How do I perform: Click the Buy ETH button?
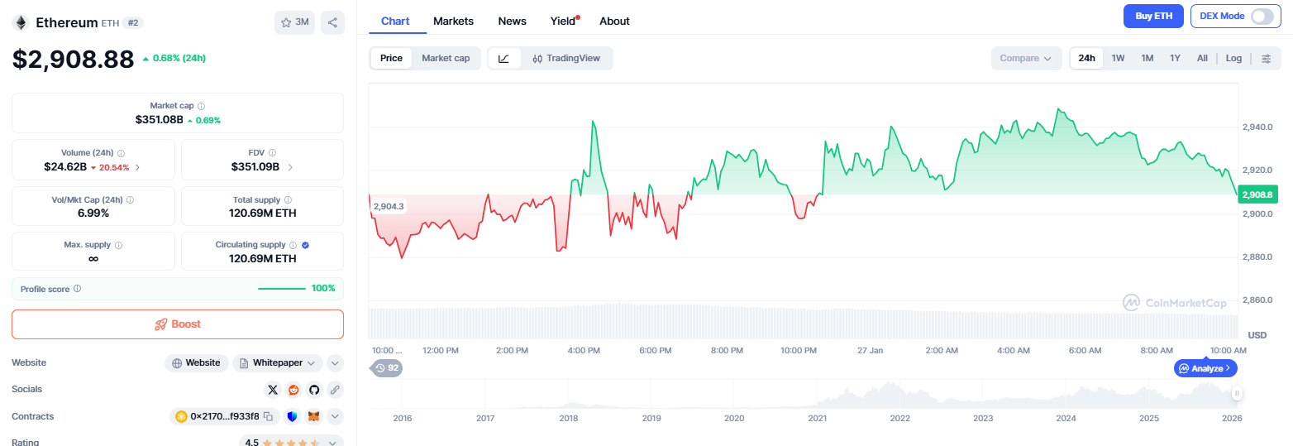coord(1153,17)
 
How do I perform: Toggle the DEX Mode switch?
coord(1262,17)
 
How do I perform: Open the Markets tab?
coord(453,21)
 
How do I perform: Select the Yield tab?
coord(563,21)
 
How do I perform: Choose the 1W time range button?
coord(1118,58)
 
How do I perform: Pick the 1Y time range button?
coord(1175,58)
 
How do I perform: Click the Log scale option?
coord(1233,58)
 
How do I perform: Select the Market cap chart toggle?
coord(446,58)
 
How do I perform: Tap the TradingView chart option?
coord(566,58)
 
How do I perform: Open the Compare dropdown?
coord(1025,58)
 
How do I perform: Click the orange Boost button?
coord(178,324)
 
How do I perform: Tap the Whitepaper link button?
coord(277,362)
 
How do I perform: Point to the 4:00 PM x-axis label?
coord(584,350)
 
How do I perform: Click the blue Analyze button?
coord(1205,368)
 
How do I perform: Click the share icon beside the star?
coord(332,22)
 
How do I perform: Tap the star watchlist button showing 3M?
coord(295,22)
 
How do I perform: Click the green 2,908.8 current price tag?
coord(1257,195)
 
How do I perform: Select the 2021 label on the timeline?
coord(817,418)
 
